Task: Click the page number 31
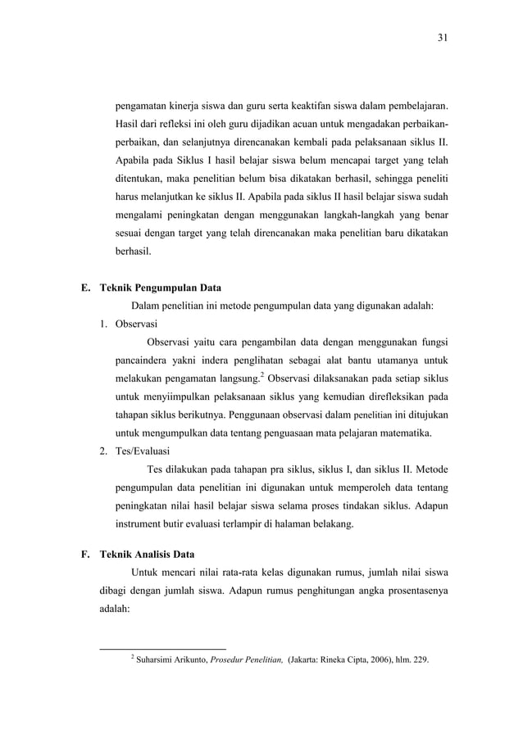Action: (x=443, y=38)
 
